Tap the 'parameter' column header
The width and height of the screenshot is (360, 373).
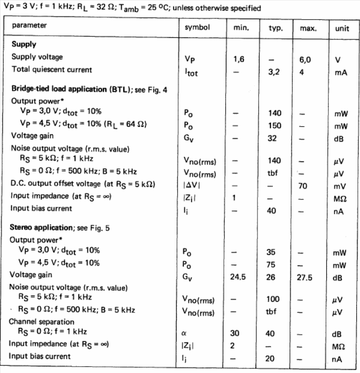[x=30, y=25]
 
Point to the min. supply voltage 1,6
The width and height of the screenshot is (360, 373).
[x=239, y=60]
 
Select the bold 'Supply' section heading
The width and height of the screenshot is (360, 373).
[x=24, y=45]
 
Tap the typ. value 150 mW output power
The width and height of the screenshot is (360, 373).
[x=275, y=125]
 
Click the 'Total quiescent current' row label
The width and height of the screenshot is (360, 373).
[x=52, y=69]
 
